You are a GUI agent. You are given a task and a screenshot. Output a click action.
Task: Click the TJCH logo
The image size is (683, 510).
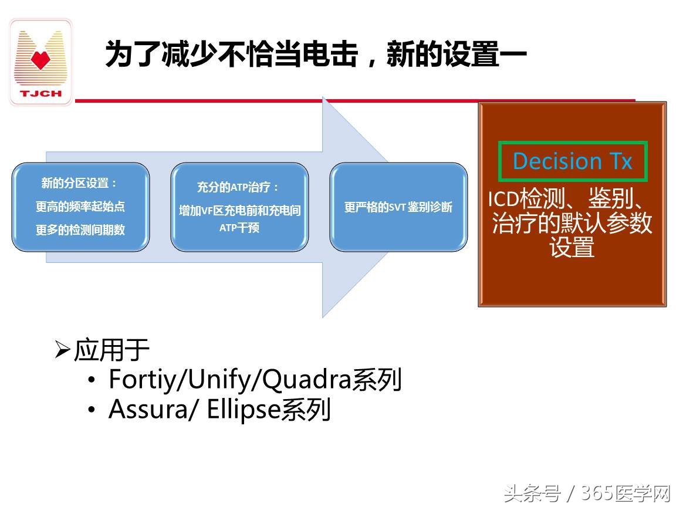pyautogui.click(x=40, y=62)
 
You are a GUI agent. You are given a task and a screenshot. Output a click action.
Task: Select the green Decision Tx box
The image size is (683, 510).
pyautogui.click(x=572, y=161)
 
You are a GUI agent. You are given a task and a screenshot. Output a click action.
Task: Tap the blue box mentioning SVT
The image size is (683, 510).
pyautogui.click(x=398, y=207)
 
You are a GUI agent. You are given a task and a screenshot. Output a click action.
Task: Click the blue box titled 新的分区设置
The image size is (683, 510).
pyautogui.click(x=80, y=207)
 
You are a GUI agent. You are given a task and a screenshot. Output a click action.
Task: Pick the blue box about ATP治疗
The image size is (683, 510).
pyautogui.click(x=239, y=207)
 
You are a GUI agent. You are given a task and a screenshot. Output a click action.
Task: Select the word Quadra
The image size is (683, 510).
pyautogui.click(x=305, y=380)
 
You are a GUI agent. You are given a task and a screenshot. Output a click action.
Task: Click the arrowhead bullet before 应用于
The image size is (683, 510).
pyautogui.click(x=62, y=350)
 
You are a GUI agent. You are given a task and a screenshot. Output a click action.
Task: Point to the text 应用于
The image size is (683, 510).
pyautogui.click(x=111, y=350)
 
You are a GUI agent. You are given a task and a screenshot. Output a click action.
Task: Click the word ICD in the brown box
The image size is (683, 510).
pyautogui.click(x=503, y=200)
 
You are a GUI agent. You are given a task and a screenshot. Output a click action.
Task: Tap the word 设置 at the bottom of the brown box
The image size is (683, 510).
pyautogui.click(x=572, y=247)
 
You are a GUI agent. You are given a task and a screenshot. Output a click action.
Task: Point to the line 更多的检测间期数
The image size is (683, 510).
pyautogui.click(x=80, y=229)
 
